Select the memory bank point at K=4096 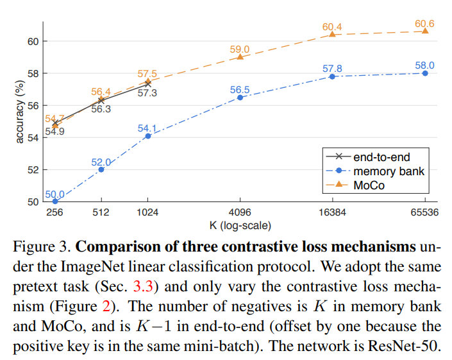[x=240, y=98]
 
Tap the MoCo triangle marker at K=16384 [x=332, y=34]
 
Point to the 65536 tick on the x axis [x=424, y=213]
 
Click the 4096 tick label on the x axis [x=240, y=213]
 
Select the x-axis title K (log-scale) [x=240, y=225]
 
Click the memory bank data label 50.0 [x=54, y=194]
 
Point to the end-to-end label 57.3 [x=147, y=93]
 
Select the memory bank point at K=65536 [x=424, y=73]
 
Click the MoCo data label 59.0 [x=240, y=48]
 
